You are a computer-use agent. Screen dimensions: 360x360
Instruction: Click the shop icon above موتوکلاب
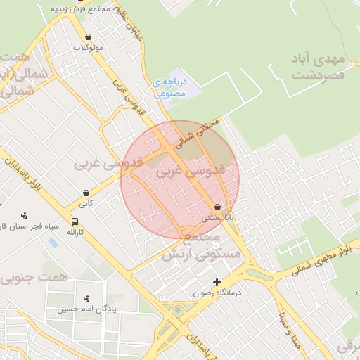point(88,37)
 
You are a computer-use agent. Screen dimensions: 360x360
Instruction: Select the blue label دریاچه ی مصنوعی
point(169,87)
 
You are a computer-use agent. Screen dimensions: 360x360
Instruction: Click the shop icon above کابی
point(86,193)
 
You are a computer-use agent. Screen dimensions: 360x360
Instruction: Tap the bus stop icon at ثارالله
point(75,221)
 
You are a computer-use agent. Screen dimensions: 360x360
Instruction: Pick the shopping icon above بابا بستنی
point(217,207)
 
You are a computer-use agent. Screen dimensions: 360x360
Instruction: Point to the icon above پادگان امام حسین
point(86,298)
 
